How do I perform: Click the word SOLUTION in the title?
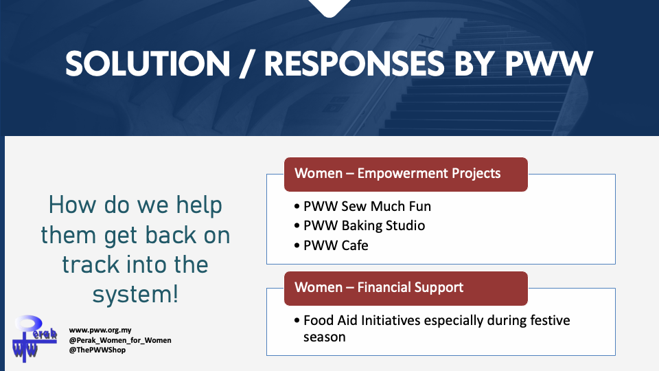pos(148,65)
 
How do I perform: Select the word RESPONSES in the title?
pos(354,65)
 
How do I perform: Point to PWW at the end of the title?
pos(548,65)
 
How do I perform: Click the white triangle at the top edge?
pos(329,7)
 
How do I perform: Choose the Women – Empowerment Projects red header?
pos(406,174)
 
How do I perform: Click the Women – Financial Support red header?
pos(406,288)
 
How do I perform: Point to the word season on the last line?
pos(325,337)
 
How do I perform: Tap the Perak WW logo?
pos(34,339)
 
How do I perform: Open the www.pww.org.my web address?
pos(100,330)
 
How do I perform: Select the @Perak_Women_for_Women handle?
pos(120,340)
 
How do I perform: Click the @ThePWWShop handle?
pos(97,350)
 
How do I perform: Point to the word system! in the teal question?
pos(135,294)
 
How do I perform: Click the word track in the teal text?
pos(91,265)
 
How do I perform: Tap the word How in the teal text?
pos(73,205)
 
